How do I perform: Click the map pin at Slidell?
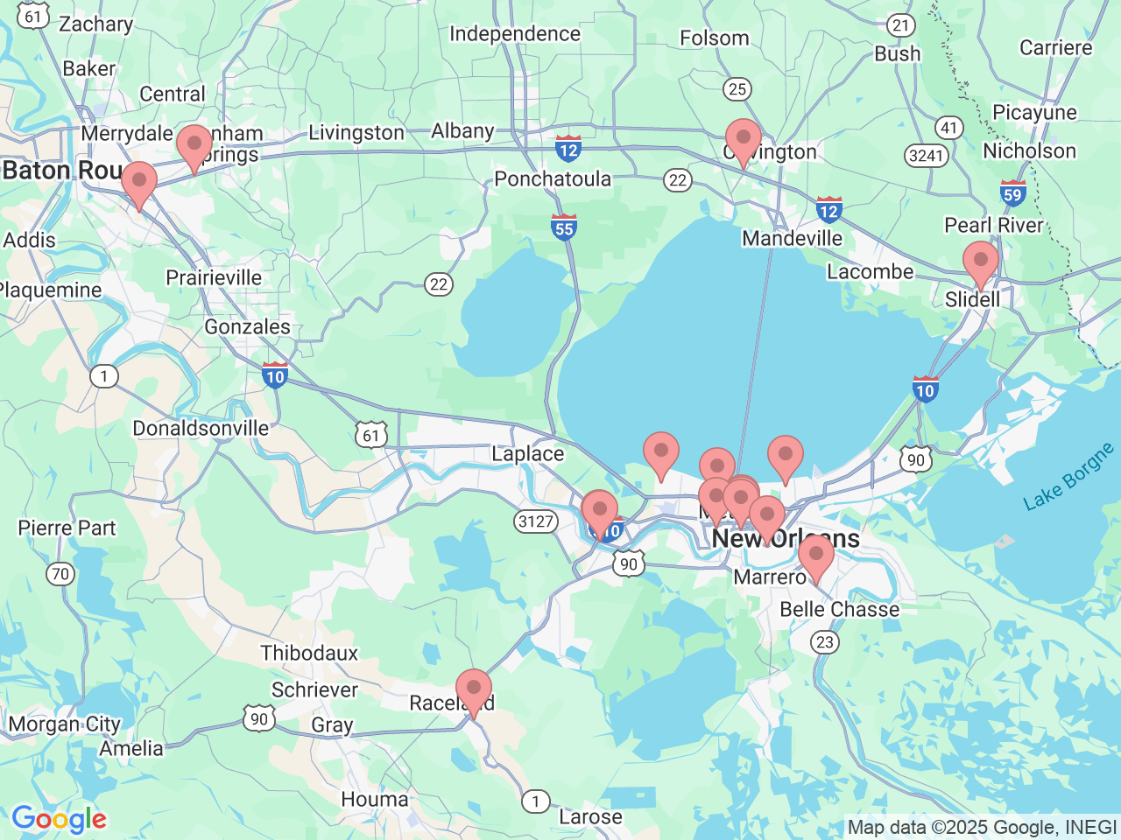[x=980, y=263]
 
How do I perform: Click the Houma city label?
[x=375, y=799]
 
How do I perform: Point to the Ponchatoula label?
[x=553, y=178]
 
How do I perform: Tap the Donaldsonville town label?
[x=201, y=428]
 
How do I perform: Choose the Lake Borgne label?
[x=1068, y=476]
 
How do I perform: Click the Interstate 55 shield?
[x=564, y=227]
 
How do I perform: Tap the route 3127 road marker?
[x=536, y=521]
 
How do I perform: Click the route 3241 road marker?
[x=926, y=156]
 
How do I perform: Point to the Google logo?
[x=59, y=820]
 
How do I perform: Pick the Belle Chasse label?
[x=839, y=609]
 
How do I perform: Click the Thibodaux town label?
[x=309, y=653]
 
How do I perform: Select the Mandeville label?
[x=792, y=238]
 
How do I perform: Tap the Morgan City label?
[x=64, y=724]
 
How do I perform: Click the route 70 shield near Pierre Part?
[x=60, y=574]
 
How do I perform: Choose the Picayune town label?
[x=1034, y=112]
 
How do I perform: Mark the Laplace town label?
[x=527, y=453]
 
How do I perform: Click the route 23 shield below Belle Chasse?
[x=825, y=642]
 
